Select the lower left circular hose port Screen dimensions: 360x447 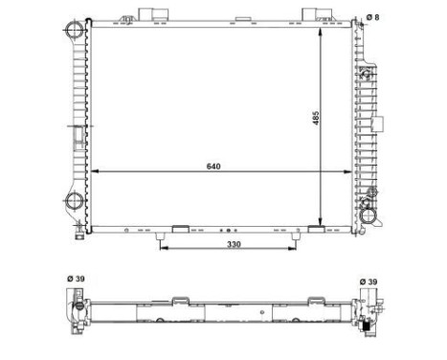coord(76,202)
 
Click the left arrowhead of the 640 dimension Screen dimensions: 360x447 coord(95,172)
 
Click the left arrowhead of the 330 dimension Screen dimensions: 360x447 coord(162,251)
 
